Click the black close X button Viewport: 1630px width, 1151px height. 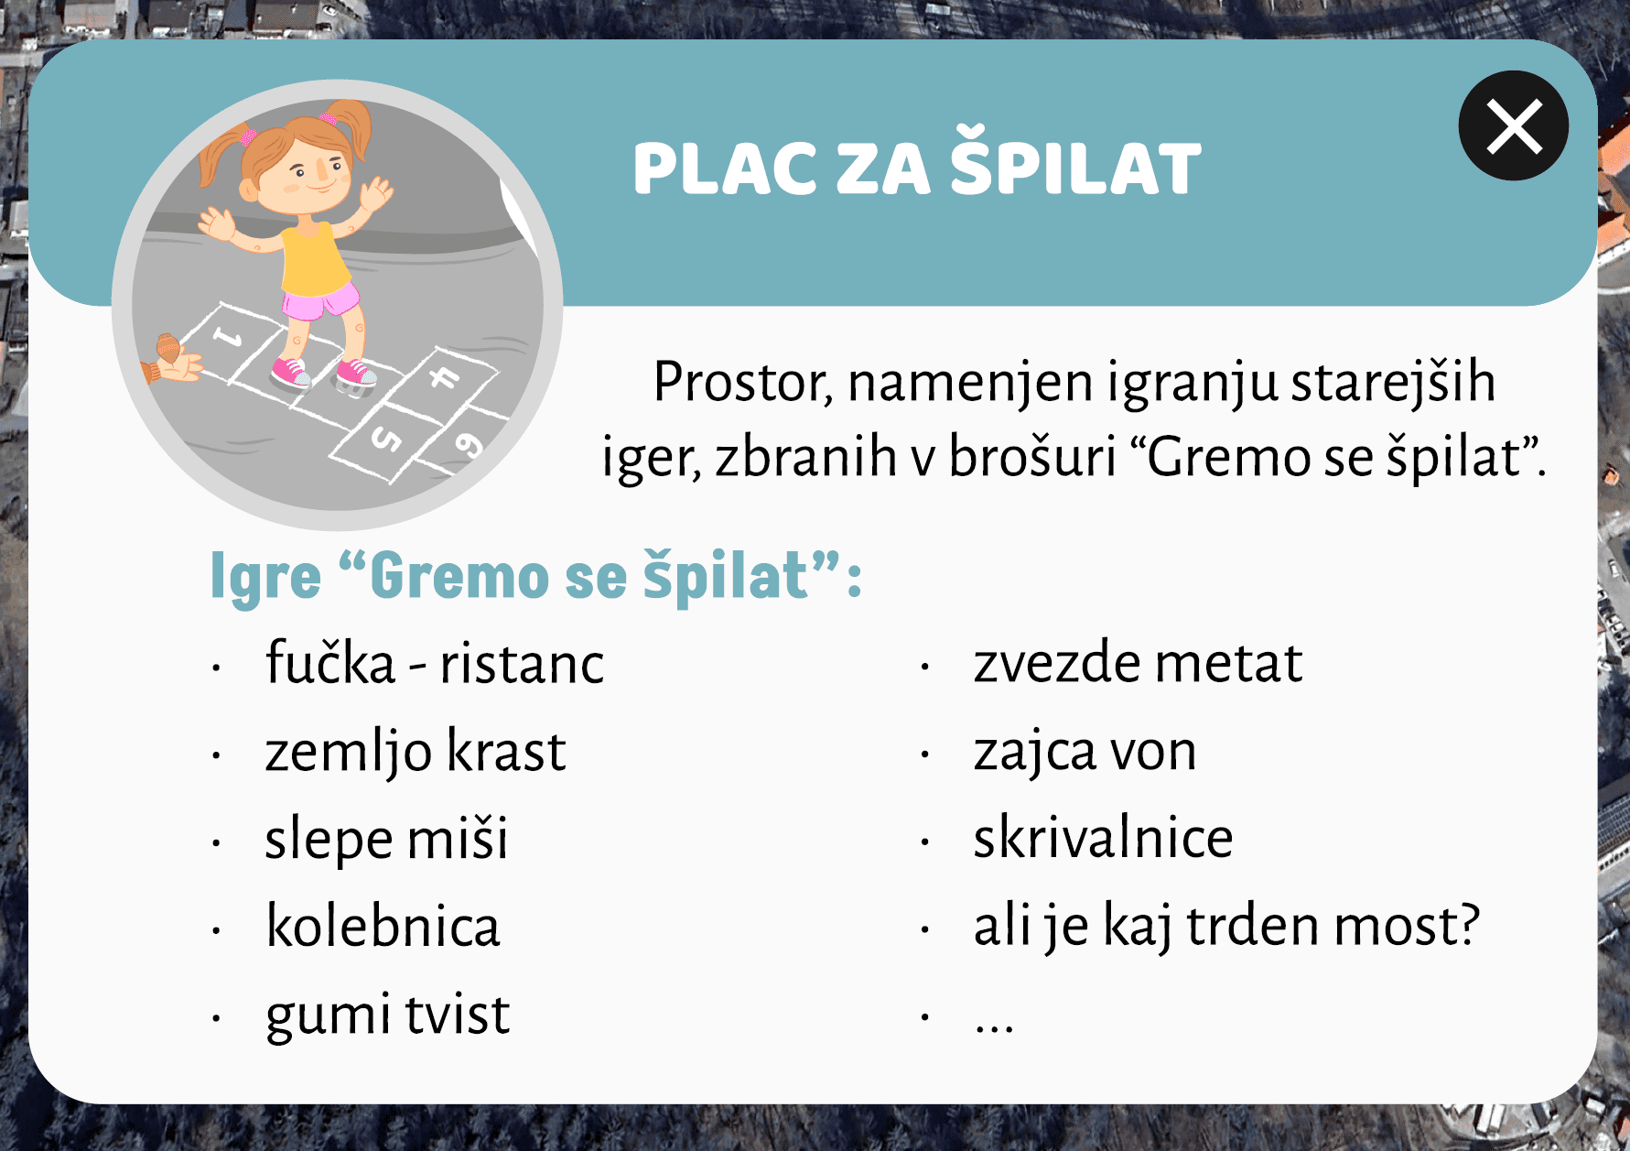pos(1513,126)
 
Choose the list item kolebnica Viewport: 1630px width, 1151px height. pos(383,925)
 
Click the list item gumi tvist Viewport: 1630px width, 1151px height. pos(387,1015)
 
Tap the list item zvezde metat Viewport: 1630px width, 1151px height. pos(1138,663)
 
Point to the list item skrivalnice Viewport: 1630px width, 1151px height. pos(1103,837)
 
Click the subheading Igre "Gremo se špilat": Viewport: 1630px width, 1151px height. pos(536,577)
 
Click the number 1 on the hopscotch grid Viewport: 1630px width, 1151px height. pos(227,337)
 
